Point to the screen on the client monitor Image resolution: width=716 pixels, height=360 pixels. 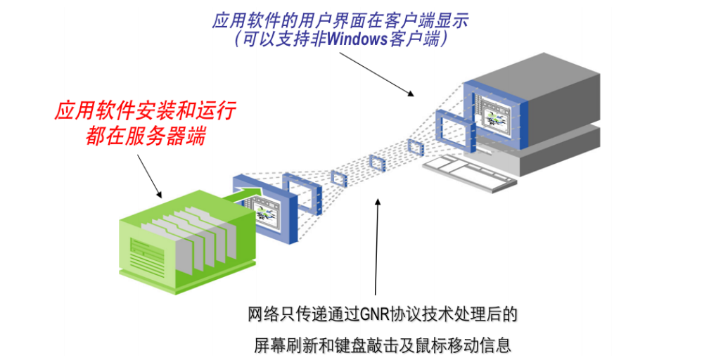pyautogui.click(x=501, y=116)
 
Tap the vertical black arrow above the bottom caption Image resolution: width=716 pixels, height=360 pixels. pyautogui.click(x=377, y=246)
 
